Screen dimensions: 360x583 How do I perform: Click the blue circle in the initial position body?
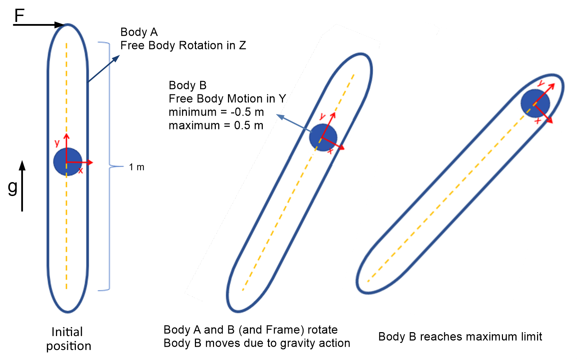pyautogui.click(x=68, y=162)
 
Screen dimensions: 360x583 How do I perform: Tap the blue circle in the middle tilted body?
pyautogui.click(x=323, y=137)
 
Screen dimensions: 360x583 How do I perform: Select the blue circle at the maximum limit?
pyautogui.click(x=535, y=103)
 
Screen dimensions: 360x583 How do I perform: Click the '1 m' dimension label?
pyautogui.click(x=136, y=167)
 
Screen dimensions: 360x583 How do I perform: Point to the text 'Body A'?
pyautogui.click(x=139, y=32)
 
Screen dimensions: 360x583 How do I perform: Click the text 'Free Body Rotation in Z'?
pyautogui.click(x=183, y=45)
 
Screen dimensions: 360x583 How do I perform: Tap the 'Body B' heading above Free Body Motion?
pyautogui.click(x=187, y=85)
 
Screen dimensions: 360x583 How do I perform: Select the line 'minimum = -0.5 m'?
pyautogui.click(x=216, y=112)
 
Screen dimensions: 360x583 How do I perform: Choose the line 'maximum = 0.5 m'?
pyautogui.click(x=216, y=125)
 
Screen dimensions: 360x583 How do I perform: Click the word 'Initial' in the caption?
pyautogui.click(x=67, y=332)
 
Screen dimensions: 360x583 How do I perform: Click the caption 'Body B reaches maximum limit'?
pyautogui.click(x=460, y=337)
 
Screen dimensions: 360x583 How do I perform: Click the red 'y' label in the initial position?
pyautogui.click(x=57, y=143)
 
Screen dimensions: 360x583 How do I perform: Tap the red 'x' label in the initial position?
pyautogui.click(x=81, y=171)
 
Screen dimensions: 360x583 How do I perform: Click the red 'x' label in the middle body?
pyautogui.click(x=330, y=151)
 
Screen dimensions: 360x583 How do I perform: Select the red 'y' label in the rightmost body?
pyautogui.click(x=541, y=84)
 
